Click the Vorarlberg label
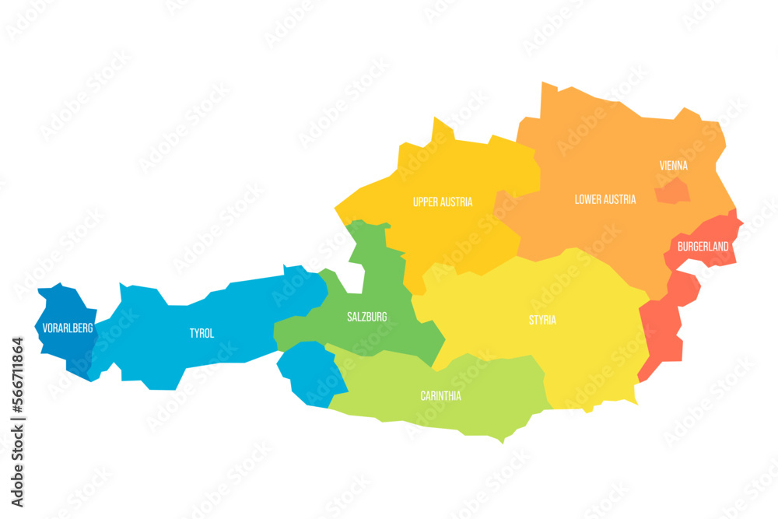point(68,328)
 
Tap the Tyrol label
point(202,333)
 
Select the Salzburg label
point(366,317)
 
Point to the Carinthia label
point(440,395)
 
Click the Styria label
point(542,320)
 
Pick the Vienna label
point(673,166)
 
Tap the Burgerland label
point(703,247)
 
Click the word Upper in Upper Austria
point(427,202)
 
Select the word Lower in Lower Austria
point(589,199)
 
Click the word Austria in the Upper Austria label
point(457,202)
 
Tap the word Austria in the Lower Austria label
point(620,199)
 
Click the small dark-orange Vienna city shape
point(672,191)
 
